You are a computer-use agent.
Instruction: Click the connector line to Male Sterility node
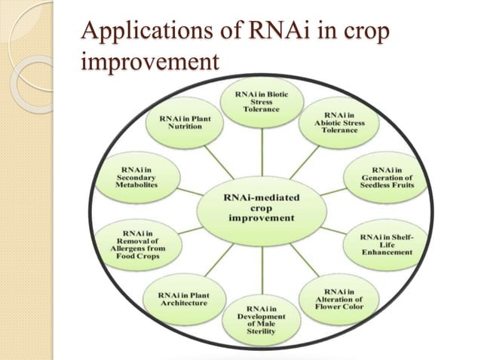[x=261, y=267]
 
